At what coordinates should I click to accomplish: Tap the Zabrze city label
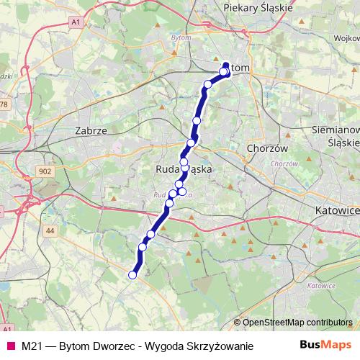(91, 132)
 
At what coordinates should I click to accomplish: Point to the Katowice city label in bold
(337, 210)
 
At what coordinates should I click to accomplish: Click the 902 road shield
(45, 171)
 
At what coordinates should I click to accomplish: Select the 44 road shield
(50, 230)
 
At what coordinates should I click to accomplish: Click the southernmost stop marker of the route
(132, 274)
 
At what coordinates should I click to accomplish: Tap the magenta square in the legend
(10, 346)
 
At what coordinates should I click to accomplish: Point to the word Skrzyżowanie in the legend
(220, 346)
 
